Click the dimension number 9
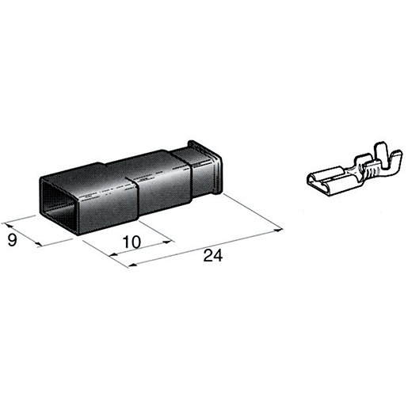[x=12, y=240]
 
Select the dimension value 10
[x=132, y=242]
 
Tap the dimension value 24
[x=213, y=255]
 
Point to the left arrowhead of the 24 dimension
[x=132, y=265]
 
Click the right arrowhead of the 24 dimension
[x=278, y=231]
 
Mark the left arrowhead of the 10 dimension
[x=113, y=255]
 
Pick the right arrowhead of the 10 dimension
[x=167, y=242]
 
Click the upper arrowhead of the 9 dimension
[x=8, y=225]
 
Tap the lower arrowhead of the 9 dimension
[x=38, y=244]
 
